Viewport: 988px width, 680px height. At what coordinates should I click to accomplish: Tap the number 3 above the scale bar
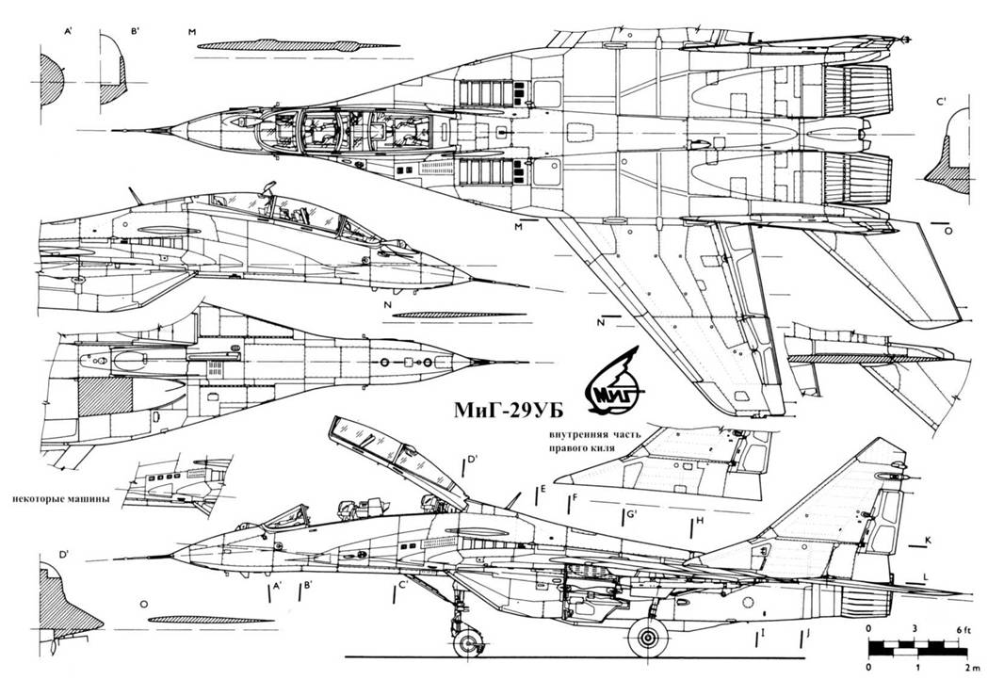pos(915,628)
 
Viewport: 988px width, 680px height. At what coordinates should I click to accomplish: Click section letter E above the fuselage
pos(543,489)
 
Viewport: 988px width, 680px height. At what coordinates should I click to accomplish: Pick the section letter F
pos(575,497)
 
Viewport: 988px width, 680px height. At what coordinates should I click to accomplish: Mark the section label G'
pos(632,513)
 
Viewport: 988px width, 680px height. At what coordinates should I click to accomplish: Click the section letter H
pos(700,522)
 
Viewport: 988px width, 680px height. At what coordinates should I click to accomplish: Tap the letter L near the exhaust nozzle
pos(927,575)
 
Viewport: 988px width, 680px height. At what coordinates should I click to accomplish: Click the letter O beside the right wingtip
pos(948,230)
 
